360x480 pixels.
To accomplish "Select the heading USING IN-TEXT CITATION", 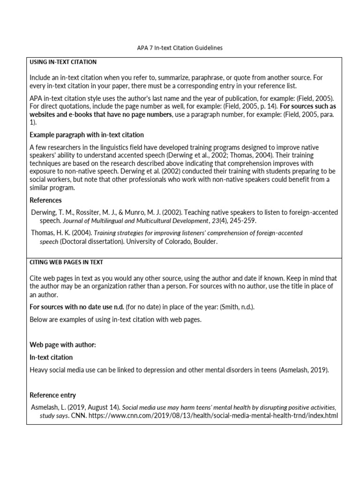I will click(x=63, y=62).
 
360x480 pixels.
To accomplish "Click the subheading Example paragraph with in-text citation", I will click(x=87, y=135).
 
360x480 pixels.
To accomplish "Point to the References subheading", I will click(x=46, y=200).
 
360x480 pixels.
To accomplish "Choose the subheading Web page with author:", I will click(x=63, y=345).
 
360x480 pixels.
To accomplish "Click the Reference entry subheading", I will click(x=52, y=395).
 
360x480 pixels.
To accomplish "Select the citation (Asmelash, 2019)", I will click(x=303, y=370).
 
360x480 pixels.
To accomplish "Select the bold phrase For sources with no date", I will click(x=77, y=307).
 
